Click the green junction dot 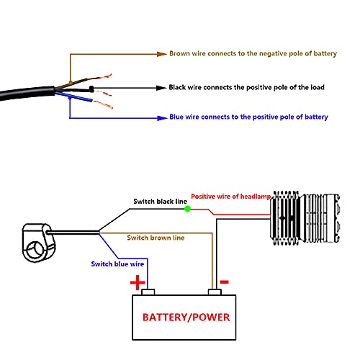tap(187, 209)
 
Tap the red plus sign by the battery tap(138, 282)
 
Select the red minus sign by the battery tap(225, 282)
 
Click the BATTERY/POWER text tap(186, 318)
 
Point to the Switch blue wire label tap(117, 264)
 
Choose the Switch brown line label tap(156, 238)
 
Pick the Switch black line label tap(160, 201)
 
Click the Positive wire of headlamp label tap(230, 197)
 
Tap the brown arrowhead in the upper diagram tap(161, 54)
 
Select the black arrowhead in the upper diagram tap(161, 88)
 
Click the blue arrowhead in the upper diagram tap(162, 118)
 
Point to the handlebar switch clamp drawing tap(38, 243)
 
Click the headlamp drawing tap(305, 218)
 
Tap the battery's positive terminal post tap(148, 292)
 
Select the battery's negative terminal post tap(215, 292)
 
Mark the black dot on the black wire tap(91, 89)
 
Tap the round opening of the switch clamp tap(35, 250)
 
